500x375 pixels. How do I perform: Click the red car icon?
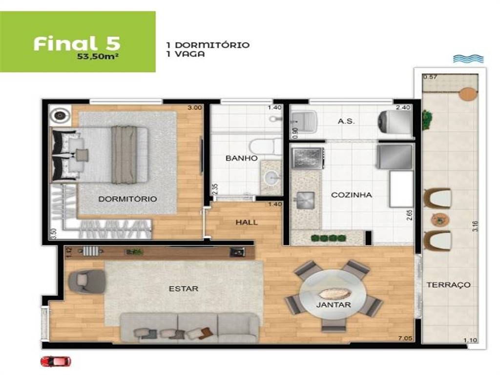[x=56, y=361]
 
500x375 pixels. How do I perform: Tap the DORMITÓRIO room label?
[x=127, y=199]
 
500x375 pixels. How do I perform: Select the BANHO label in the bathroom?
[x=241, y=158]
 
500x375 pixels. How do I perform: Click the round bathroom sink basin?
[x=271, y=178]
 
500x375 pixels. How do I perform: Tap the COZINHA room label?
[x=352, y=195]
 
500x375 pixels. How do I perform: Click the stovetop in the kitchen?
[x=308, y=158]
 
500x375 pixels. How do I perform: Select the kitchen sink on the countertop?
[x=306, y=200]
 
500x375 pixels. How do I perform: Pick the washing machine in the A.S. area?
[x=394, y=122]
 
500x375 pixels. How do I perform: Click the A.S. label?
[x=346, y=121]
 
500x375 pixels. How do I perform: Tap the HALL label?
[x=247, y=222]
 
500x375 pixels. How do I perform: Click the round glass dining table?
[x=333, y=295]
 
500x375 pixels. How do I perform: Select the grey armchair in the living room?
[x=87, y=281]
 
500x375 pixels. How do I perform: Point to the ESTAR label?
[x=184, y=289]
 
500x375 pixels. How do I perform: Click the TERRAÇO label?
[x=449, y=285]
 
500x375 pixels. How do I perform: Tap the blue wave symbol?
[x=468, y=59]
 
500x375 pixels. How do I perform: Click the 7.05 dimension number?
[x=405, y=338]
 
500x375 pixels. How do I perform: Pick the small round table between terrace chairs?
[x=440, y=219]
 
